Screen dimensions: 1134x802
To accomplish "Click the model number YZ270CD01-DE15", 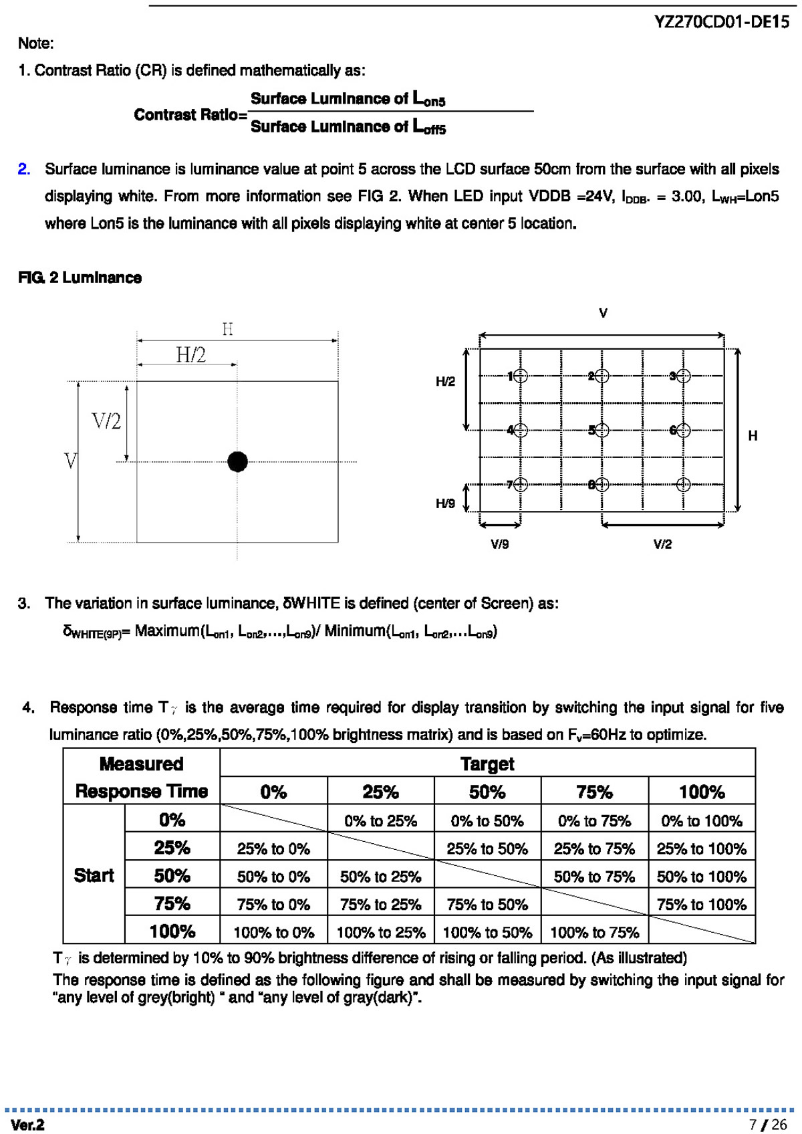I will tap(722, 22).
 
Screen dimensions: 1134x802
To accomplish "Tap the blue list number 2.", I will tap(24, 169).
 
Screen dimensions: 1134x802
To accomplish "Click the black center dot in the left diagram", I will tap(237, 461).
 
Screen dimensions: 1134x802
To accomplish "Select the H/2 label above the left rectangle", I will tap(191, 354).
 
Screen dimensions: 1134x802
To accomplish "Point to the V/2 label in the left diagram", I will tap(106, 421).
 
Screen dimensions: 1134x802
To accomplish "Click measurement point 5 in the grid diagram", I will tap(601, 430).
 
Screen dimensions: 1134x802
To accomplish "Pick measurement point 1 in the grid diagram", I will tap(521, 376).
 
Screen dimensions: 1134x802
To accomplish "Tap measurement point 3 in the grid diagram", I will tap(682, 376).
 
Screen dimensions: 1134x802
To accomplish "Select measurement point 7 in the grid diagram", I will tap(521, 484).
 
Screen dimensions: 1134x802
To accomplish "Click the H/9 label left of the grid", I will tap(445, 503).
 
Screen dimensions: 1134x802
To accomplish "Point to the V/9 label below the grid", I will tap(499, 544).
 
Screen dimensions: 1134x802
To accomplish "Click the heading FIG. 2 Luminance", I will tap(80, 277).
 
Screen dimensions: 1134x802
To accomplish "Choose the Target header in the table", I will tap(487, 764).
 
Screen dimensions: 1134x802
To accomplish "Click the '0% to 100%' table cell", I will tap(701, 820).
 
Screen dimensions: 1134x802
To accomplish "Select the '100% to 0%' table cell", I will tap(273, 932).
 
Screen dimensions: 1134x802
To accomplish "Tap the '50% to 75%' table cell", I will tap(594, 877).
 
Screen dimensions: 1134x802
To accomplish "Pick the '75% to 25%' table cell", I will tap(380, 905).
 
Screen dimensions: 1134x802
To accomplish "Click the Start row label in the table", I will tap(94, 875).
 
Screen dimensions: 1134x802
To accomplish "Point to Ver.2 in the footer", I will tap(27, 1125).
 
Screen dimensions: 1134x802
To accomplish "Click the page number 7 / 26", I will tap(768, 1125).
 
